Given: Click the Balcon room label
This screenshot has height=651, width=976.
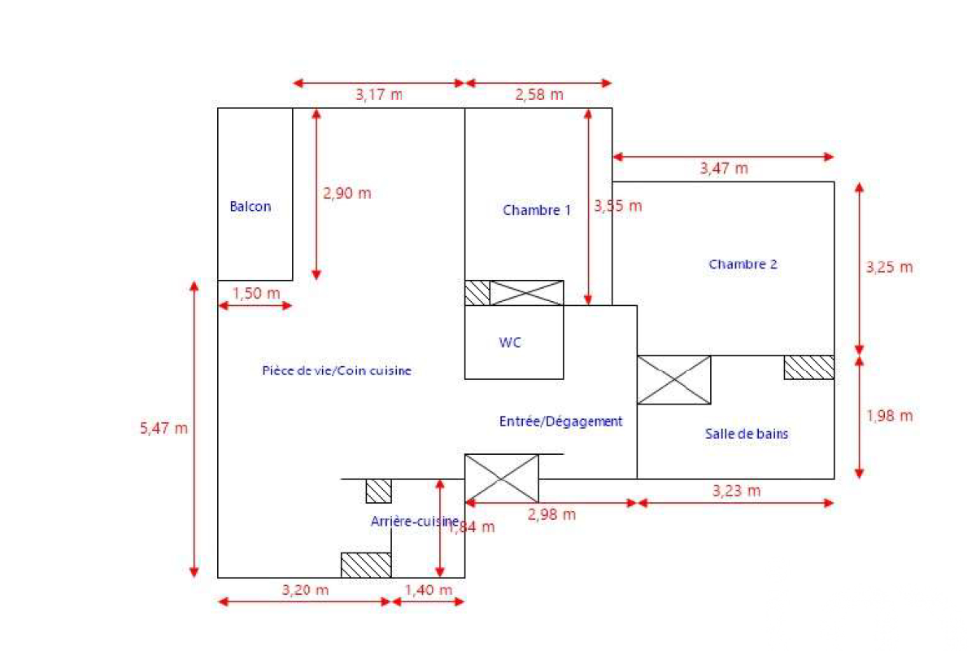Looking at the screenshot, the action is (x=251, y=206).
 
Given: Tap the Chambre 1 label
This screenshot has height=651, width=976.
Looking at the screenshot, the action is (x=537, y=210).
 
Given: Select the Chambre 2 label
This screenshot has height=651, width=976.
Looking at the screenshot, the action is (x=743, y=264).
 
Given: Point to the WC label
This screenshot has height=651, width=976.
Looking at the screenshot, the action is (x=510, y=343).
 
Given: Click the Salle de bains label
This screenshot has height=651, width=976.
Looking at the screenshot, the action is (x=747, y=434).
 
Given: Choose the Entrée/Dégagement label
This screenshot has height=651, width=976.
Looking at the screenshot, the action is (x=560, y=422).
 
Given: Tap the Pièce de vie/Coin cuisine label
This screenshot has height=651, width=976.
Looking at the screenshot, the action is (x=337, y=370).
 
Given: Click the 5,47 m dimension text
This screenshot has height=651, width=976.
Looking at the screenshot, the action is (x=163, y=428).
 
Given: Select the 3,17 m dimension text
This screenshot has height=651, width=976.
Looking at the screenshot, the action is (x=379, y=94).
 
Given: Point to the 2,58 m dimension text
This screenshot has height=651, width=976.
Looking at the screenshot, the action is (x=539, y=94).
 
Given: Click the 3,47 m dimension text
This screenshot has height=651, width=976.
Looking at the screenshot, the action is (x=724, y=168).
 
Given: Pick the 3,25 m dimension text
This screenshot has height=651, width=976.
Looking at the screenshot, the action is (x=889, y=267).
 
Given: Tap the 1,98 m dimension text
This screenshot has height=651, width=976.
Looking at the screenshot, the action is (x=889, y=416).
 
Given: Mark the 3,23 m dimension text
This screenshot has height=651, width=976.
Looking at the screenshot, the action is (x=736, y=491).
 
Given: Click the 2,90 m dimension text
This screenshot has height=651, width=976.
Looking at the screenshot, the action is (x=346, y=193).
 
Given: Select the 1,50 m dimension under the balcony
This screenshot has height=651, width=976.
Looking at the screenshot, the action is (x=255, y=293).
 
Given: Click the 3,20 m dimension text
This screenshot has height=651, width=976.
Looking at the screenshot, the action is (x=305, y=590).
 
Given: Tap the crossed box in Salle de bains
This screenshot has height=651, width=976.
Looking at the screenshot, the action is (x=674, y=380).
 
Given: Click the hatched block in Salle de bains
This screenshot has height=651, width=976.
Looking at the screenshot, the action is (x=809, y=367).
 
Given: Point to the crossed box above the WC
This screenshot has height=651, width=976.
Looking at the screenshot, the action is (x=527, y=293).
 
